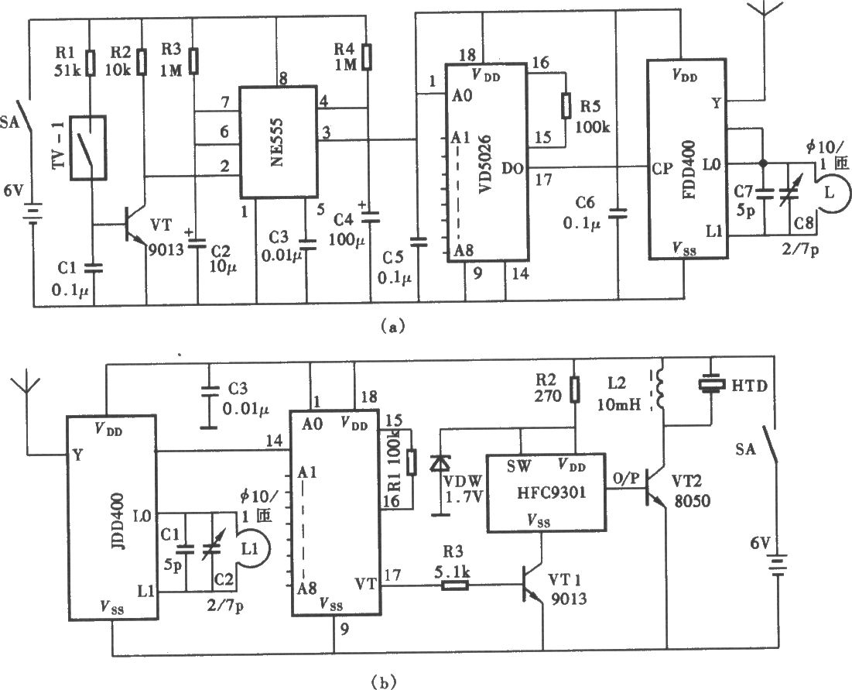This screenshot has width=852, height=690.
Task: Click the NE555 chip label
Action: pos(278,142)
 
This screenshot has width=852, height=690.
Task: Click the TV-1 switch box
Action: pos(90,147)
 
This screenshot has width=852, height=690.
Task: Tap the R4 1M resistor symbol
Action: pos(368,57)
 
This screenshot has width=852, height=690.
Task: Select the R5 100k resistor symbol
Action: pos(566,106)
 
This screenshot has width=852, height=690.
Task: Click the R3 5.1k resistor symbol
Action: pos(454,586)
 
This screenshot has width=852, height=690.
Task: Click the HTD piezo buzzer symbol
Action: pos(712,384)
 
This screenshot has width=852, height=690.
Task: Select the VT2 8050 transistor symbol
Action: pos(656,489)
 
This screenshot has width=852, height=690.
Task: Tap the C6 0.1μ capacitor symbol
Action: pos(618,213)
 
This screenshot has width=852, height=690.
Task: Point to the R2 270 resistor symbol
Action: pos(576,390)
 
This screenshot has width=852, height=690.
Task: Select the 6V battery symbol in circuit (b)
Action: pos(775,565)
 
